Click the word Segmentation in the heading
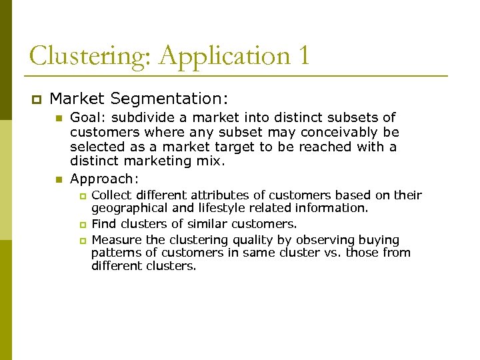[169, 99]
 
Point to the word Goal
[85, 118]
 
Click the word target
[237, 147]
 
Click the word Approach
[102, 179]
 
